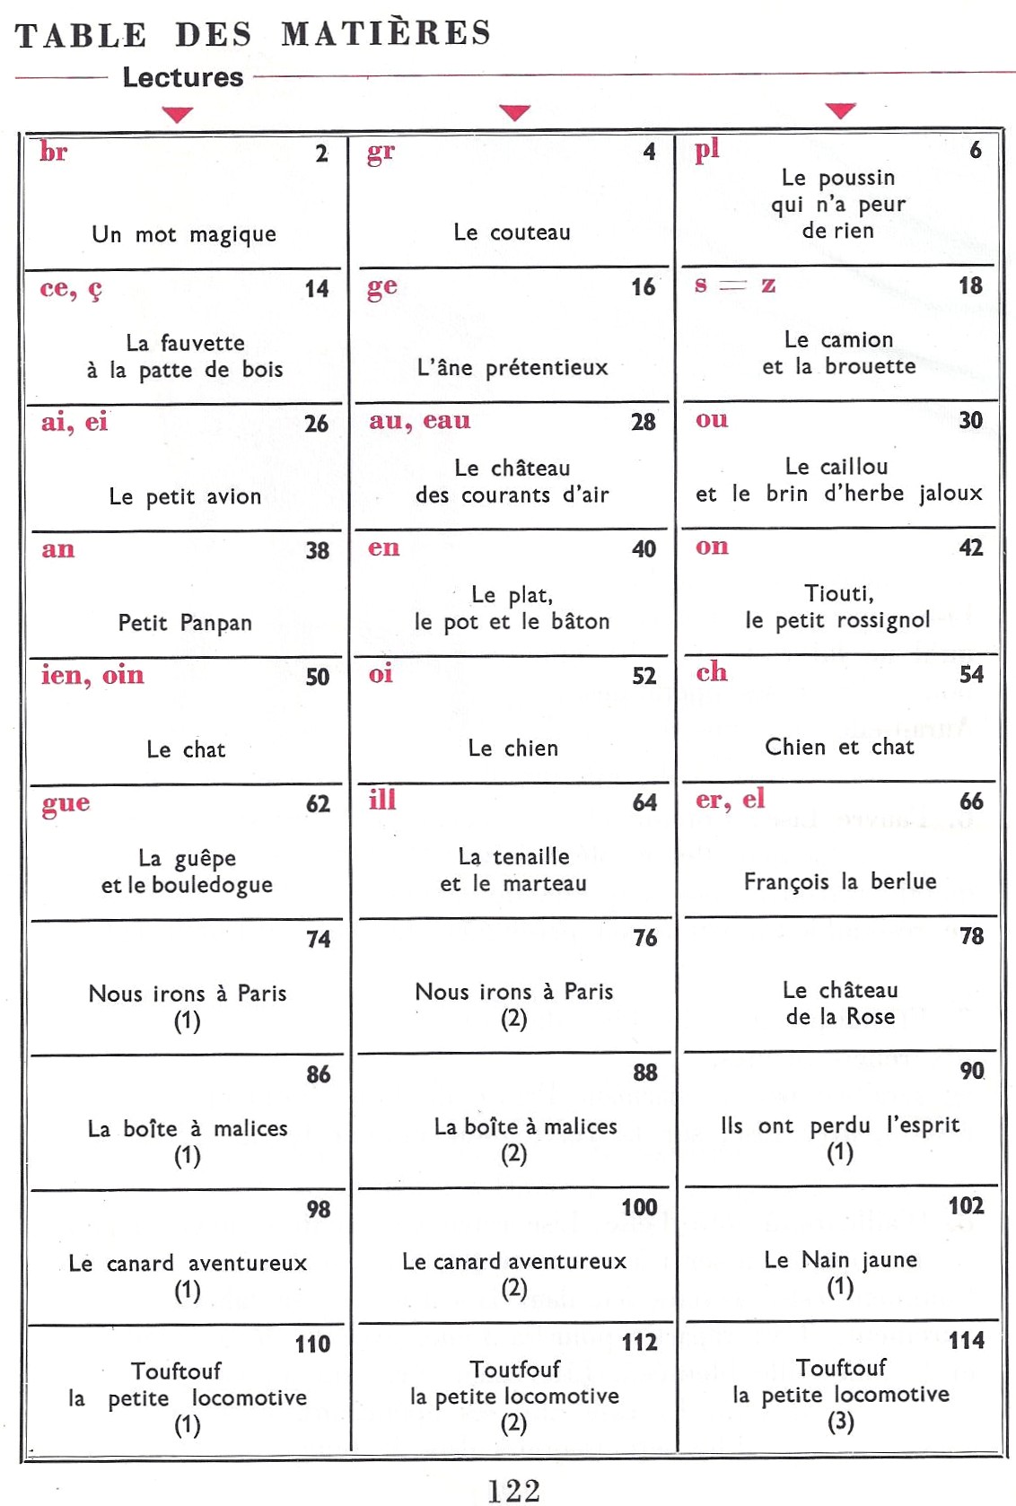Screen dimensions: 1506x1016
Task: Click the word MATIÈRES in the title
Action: (386, 33)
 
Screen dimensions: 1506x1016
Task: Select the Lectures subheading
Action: (183, 77)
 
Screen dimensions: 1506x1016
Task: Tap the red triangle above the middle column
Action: (514, 113)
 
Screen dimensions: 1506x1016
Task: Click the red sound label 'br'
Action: (54, 152)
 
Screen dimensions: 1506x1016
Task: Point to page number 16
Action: (643, 287)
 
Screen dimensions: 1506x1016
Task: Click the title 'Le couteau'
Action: (512, 232)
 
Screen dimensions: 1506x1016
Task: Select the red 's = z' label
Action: (735, 285)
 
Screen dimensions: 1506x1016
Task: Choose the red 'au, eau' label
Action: (419, 421)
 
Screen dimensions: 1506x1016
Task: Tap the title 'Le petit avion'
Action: (185, 496)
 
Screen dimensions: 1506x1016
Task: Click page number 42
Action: (971, 547)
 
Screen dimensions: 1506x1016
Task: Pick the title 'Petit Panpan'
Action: (185, 623)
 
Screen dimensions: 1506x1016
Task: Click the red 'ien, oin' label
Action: (92, 675)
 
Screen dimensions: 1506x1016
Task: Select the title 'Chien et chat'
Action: (839, 747)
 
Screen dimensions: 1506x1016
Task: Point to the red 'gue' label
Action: (66, 803)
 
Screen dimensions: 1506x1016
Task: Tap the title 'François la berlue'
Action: (839, 881)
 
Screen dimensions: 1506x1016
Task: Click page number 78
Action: (971, 936)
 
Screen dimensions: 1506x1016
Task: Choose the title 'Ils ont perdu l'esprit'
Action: (839, 1125)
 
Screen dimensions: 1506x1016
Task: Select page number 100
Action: (639, 1207)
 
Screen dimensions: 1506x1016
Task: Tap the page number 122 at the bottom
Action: (513, 1490)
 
